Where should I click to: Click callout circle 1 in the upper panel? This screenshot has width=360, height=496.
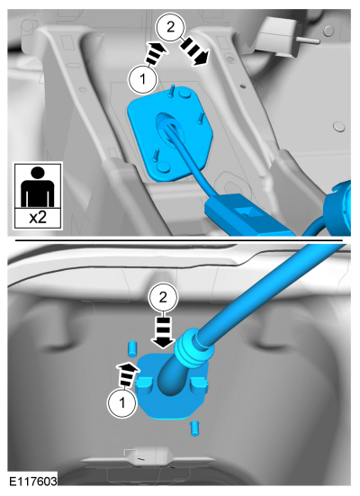coord(143,78)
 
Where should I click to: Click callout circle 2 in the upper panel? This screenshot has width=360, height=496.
coord(170,27)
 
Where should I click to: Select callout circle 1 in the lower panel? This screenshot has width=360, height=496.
coord(122,403)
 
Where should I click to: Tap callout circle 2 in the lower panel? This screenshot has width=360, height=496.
coord(163,297)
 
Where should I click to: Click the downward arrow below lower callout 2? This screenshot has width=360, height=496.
coord(163,332)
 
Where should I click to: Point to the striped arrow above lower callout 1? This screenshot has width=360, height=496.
coord(128,375)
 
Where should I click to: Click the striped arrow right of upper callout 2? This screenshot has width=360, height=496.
coord(194,50)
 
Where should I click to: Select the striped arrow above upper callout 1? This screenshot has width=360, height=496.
coord(155,53)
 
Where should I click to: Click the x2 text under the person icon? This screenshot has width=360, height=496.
coord(38,218)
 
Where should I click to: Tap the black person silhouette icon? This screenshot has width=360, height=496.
coord(37,186)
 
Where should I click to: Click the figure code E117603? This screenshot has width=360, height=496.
coord(33,481)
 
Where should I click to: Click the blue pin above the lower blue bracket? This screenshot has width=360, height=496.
coord(132,348)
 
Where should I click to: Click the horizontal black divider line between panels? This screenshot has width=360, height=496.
coord(179,240)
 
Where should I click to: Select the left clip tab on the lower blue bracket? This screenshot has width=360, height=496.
coord(144,383)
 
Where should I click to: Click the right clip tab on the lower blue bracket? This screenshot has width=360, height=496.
coord(199,384)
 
